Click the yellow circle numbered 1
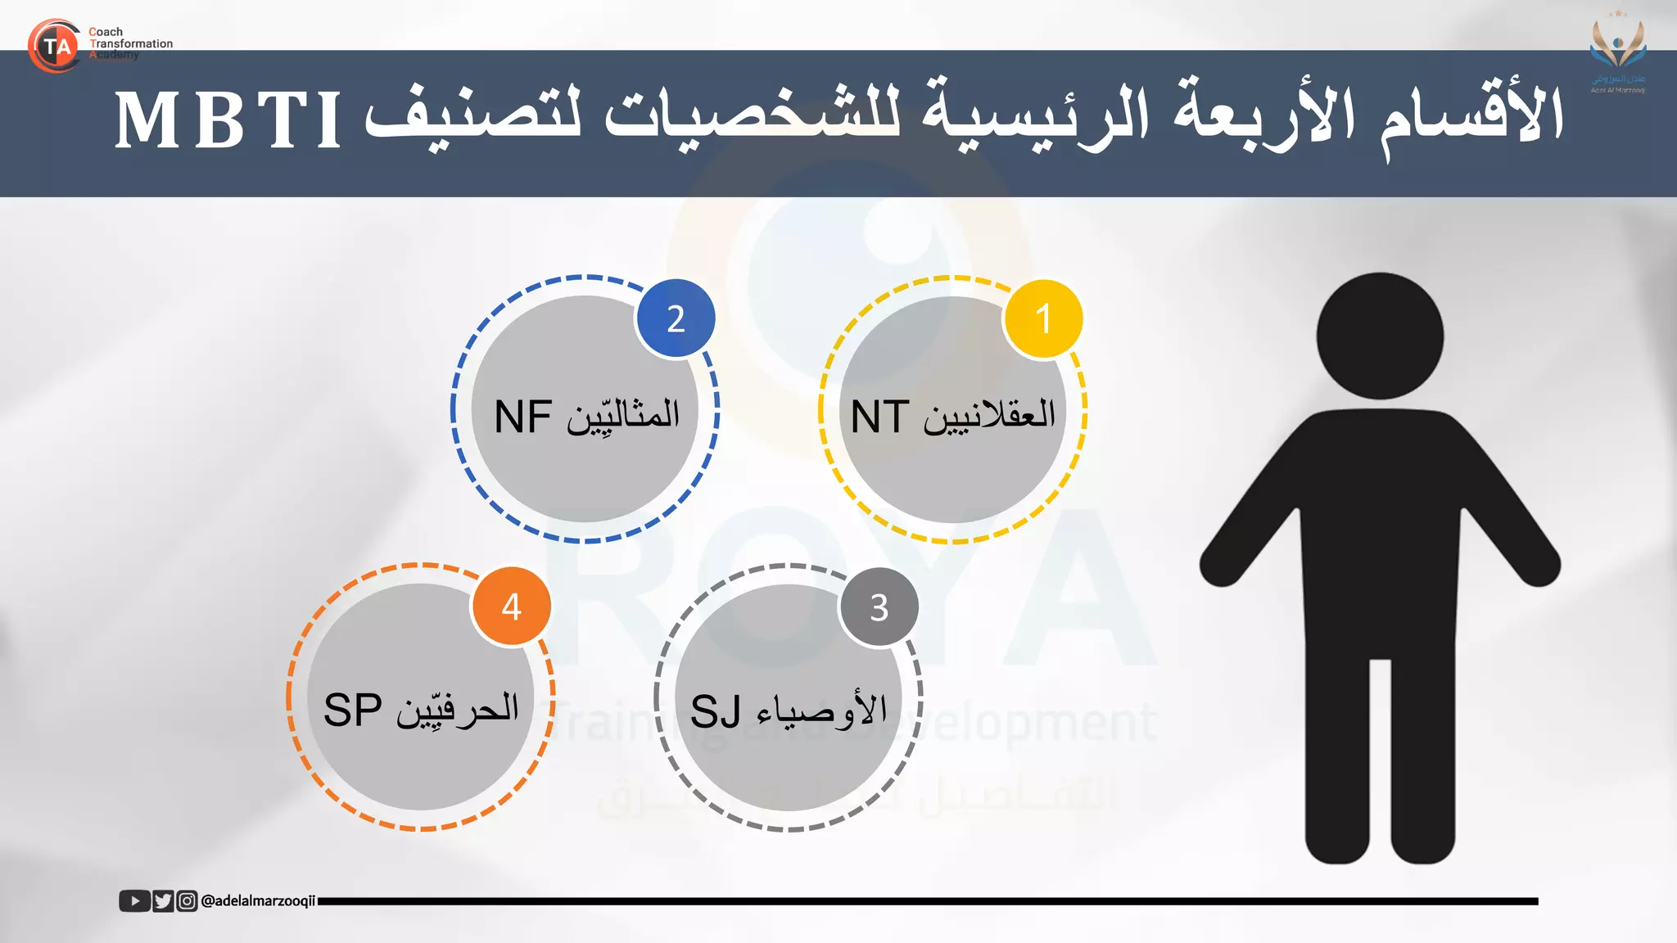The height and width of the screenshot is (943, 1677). pos(1043,319)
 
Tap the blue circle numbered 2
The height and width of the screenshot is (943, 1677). pos(676,319)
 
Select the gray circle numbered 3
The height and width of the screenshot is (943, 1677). pos(879,607)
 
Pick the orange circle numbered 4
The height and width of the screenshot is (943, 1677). pos(511,607)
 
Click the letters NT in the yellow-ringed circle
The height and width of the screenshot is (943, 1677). pos(880,417)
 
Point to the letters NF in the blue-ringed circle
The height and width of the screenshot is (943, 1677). pos(523,417)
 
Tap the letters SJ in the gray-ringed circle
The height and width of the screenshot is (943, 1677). pos(715,711)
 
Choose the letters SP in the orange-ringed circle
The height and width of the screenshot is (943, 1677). pos(353,710)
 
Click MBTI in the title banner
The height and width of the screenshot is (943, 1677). pos(228,121)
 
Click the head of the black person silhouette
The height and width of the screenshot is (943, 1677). pos(1380,336)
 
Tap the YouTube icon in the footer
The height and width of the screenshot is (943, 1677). pos(134,901)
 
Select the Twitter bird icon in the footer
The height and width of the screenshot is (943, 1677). pos(163,901)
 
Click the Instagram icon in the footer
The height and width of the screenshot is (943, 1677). pos(188,901)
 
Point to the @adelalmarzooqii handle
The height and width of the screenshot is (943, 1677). pos(258,901)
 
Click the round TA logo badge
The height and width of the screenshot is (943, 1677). pos(54,46)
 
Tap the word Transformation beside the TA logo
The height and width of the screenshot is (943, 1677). pos(131,43)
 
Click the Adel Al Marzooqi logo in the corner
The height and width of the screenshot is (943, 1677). pos(1618,54)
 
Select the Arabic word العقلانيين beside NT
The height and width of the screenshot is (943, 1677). pos(989,416)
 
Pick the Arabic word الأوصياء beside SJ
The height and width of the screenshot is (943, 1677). pos(822,709)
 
